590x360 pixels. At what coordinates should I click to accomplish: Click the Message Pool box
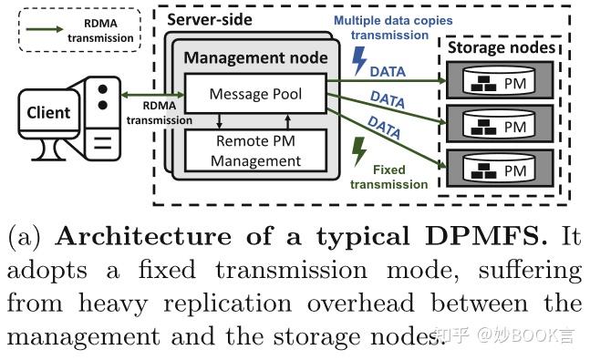click(255, 94)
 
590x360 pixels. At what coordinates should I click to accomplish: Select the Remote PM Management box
click(256, 151)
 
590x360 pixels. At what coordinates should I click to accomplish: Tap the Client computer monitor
click(47, 115)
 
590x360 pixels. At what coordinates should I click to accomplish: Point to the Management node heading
click(255, 58)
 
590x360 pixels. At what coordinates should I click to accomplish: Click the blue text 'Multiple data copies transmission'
click(393, 27)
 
